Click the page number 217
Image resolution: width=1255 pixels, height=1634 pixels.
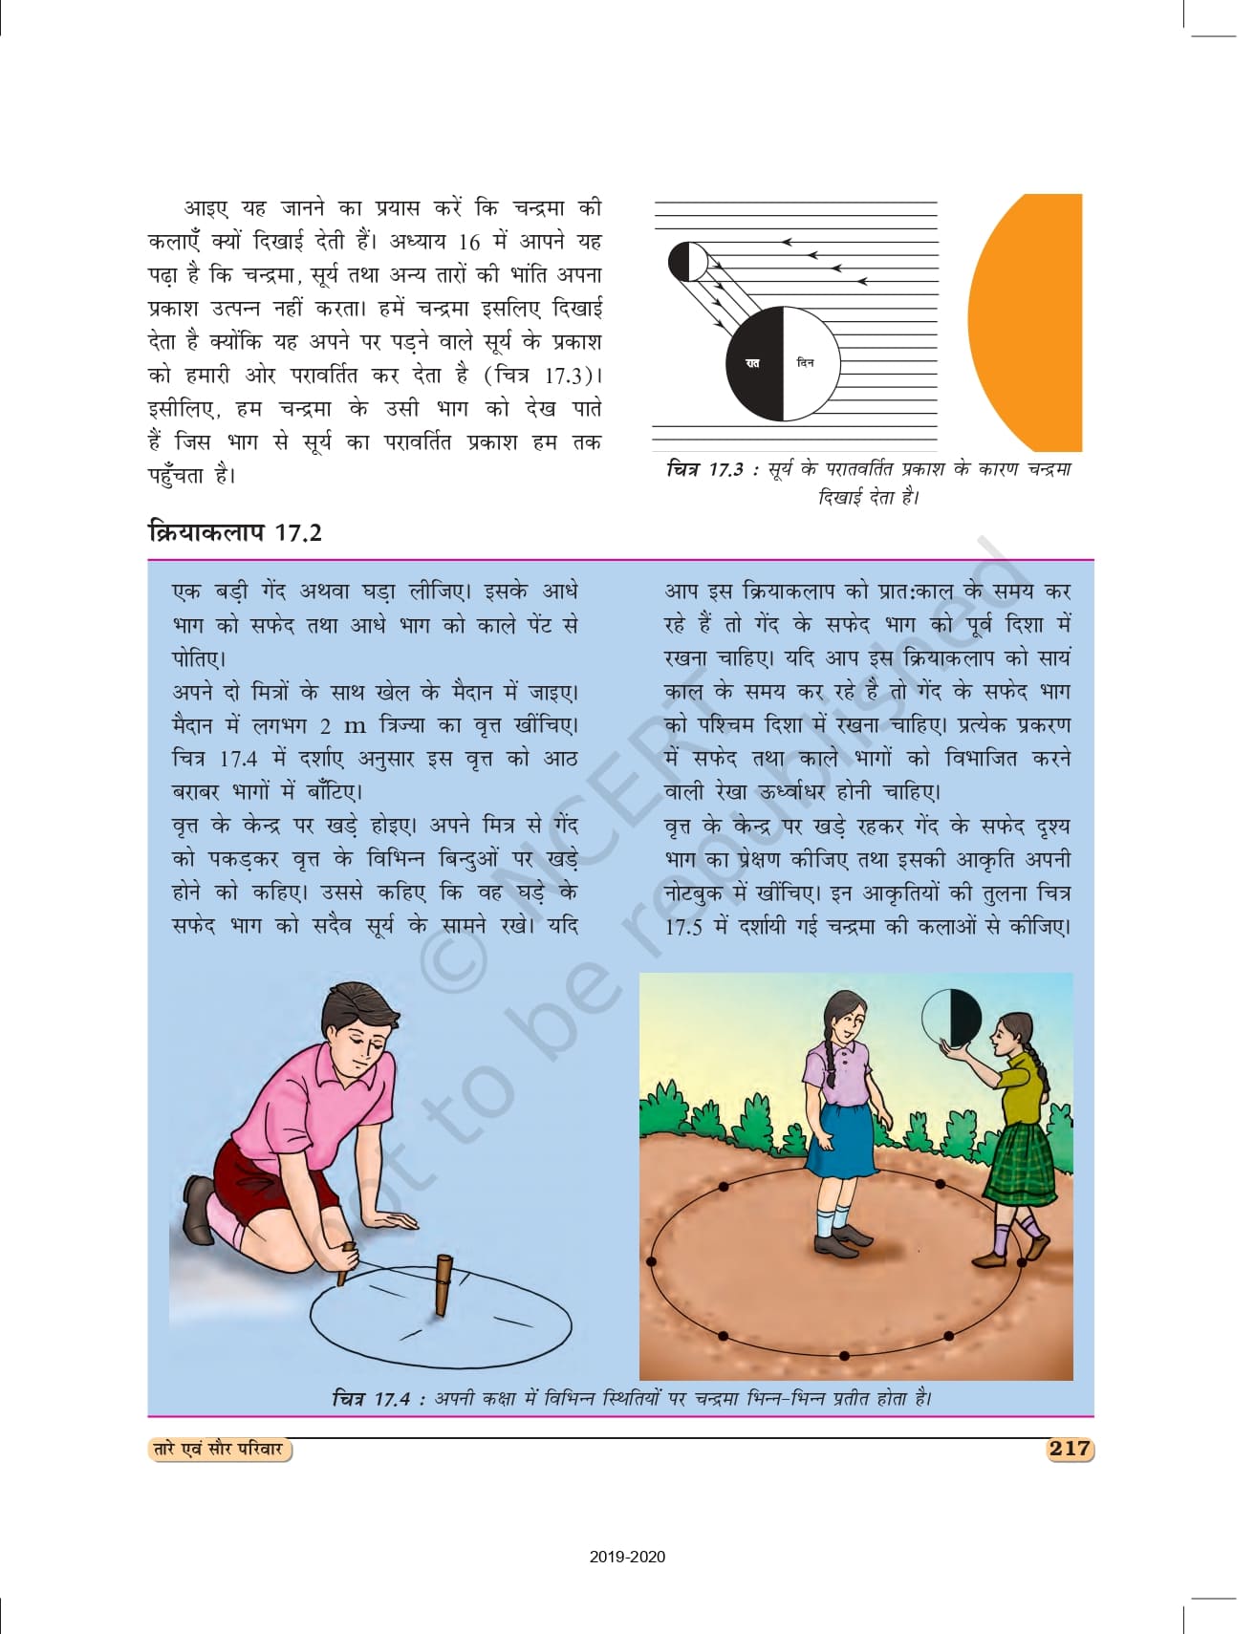1069,1448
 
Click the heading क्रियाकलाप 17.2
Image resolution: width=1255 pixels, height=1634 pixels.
235,532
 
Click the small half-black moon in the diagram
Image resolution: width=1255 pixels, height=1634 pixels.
687,262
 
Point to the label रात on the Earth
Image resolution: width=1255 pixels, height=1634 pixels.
752,363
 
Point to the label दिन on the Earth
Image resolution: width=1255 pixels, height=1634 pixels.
805,363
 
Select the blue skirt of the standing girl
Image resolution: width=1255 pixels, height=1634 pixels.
841,1138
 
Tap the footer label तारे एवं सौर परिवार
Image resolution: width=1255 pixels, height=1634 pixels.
219,1449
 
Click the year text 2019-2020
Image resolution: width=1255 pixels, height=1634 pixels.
627,1557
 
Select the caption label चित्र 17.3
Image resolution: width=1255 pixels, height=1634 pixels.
704,469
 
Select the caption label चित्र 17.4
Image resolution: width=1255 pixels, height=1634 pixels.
372,1398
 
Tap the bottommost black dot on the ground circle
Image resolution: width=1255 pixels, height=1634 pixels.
844,1355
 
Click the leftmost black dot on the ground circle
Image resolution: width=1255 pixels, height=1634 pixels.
652,1261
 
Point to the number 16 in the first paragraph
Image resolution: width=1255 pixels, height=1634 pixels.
468,242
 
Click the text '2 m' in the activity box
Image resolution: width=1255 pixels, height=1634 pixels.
343,725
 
